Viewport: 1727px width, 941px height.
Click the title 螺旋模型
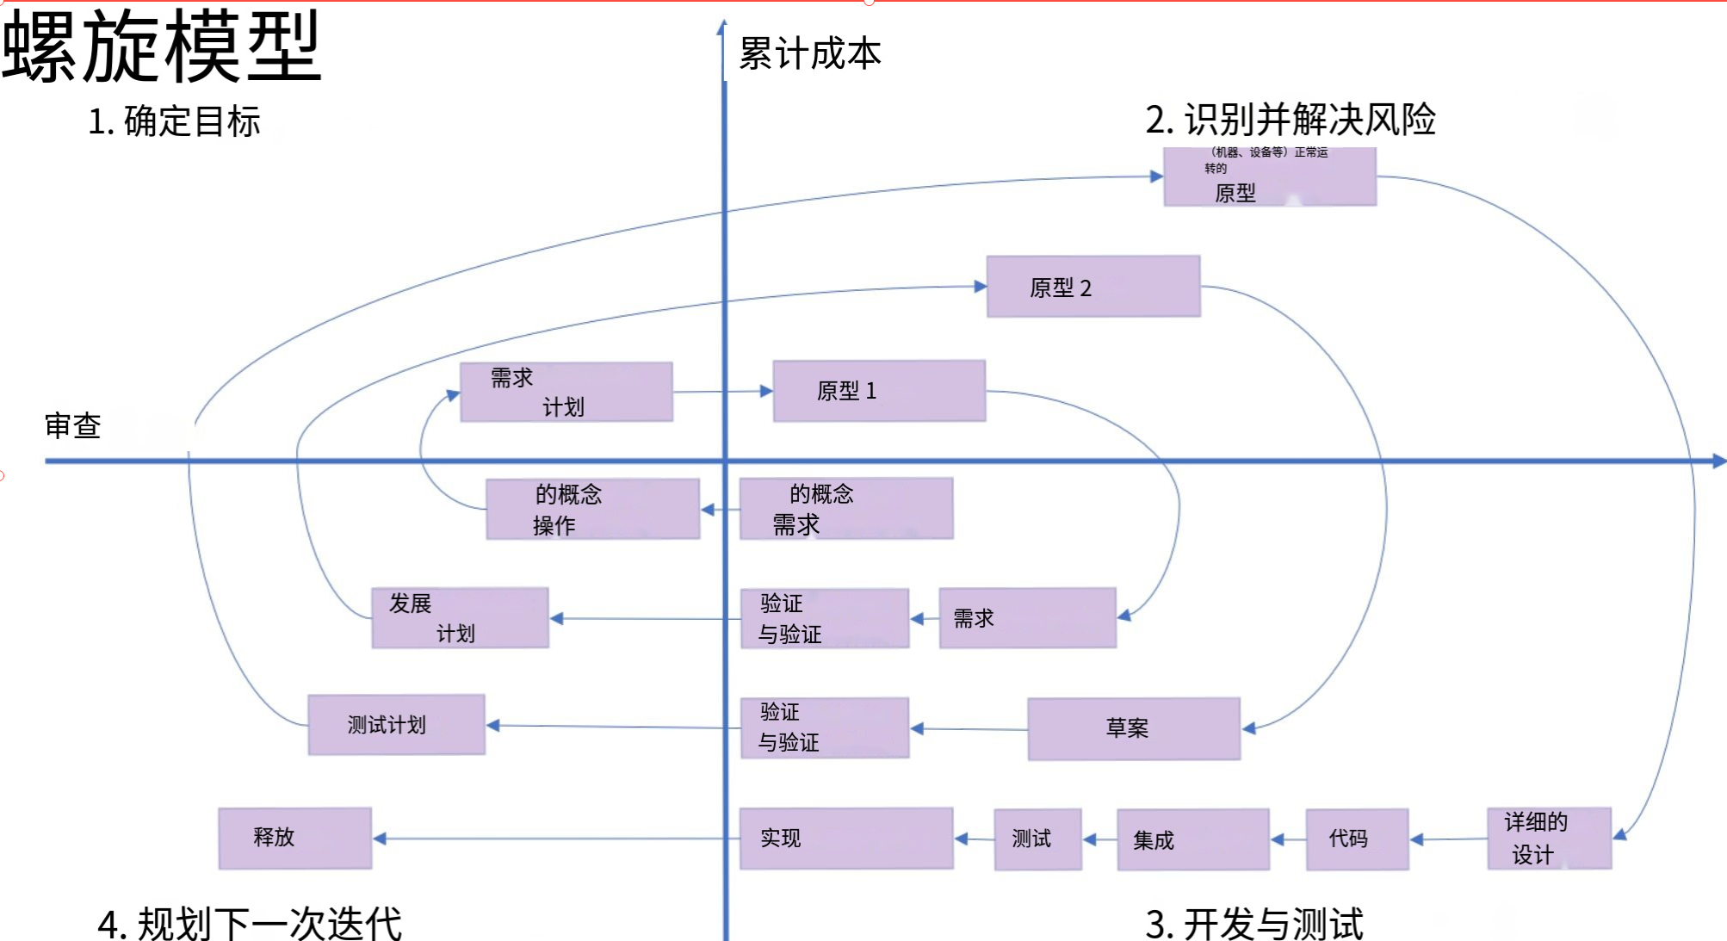click(x=162, y=47)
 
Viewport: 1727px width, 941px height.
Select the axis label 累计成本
click(x=810, y=54)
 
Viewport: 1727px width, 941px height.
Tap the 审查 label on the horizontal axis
click(x=73, y=425)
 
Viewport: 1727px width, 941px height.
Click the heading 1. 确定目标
click(x=174, y=121)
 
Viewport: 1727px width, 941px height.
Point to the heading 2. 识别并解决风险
click(x=1290, y=119)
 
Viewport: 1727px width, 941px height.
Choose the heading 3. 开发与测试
click(x=1253, y=923)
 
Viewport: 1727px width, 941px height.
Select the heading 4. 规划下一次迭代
click(x=250, y=924)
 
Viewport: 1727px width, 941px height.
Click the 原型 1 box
click(x=879, y=391)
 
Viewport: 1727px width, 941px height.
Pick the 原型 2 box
click(x=1093, y=287)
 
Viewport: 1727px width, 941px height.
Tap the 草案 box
click(x=1134, y=728)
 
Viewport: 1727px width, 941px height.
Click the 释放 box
click(x=295, y=838)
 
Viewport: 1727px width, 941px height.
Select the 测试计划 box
click(x=396, y=725)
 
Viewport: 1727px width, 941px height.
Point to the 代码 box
click(x=1357, y=839)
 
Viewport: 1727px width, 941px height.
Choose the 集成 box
click(x=1193, y=839)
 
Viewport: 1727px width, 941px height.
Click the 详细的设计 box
click(x=1549, y=838)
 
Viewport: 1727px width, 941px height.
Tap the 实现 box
click(x=846, y=838)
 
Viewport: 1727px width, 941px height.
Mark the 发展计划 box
click(x=460, y=618)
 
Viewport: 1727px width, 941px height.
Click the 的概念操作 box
click(x=592, y=509)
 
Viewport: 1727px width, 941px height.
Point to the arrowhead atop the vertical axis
click(x=722, y=28)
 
